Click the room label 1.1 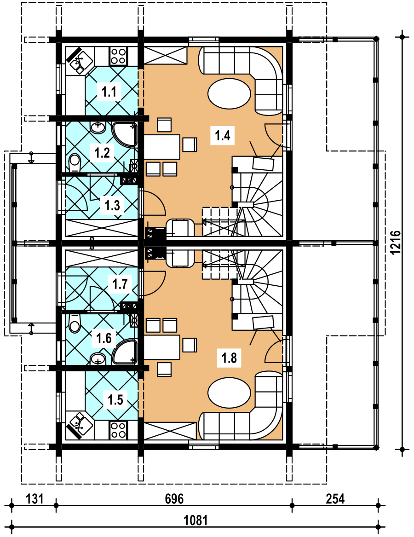tap(109, 92)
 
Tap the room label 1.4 tap(222, 135)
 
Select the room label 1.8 tap(229, 358)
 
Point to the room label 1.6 tap(104, 338)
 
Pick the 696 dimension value tap(174, 499)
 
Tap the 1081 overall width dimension tap(195, 520)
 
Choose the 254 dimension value tap(335, 499)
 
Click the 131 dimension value tap(35, 499)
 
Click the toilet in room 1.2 tap(74, 163)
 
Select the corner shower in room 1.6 tap(124, 352)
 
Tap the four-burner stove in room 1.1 tap(118, 56)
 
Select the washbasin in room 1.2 tap(98, 128)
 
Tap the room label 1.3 tap(112, 206)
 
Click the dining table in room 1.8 tap(162, 347)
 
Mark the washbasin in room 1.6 tap(98, 359)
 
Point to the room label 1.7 tap(120, 284)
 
